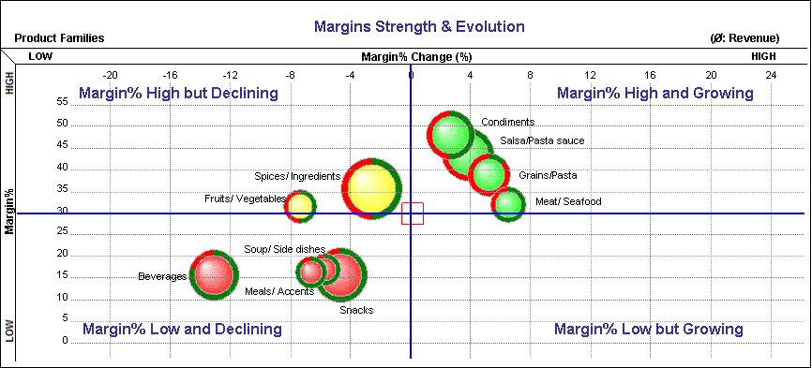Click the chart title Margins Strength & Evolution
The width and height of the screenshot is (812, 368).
418,26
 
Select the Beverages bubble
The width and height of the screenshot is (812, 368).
214,274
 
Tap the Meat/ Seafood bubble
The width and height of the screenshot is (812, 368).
508,204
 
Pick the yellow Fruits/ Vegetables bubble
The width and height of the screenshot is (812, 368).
300,205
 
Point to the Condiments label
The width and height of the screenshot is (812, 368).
507,123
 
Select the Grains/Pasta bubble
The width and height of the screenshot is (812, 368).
489,173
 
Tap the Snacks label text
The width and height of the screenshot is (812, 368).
356,310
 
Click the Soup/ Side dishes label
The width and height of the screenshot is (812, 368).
284,250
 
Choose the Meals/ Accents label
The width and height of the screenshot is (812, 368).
279,291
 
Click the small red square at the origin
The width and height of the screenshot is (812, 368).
412,213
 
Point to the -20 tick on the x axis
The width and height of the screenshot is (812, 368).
110,75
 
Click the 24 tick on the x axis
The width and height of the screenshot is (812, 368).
770,75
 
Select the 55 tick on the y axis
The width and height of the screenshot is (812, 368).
63,100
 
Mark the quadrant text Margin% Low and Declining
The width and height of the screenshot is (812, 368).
182,330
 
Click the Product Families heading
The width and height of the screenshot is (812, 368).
59,39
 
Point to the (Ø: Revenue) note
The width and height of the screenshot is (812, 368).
746,39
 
